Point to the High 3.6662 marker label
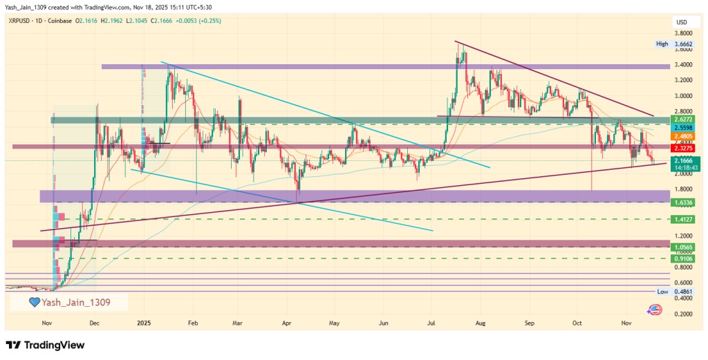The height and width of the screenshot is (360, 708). tap(675, 44)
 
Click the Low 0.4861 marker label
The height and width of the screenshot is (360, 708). tap(675, 292)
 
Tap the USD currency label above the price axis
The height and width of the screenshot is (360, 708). tap(681, 23)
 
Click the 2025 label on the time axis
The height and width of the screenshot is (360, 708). tap(143, 323)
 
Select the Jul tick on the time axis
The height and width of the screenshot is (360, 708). tap(432, 323)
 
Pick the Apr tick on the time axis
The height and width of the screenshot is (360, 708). tap(286, 323)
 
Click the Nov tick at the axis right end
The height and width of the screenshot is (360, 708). tap(627, 323)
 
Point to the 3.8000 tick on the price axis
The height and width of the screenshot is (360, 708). tap(684, 33)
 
